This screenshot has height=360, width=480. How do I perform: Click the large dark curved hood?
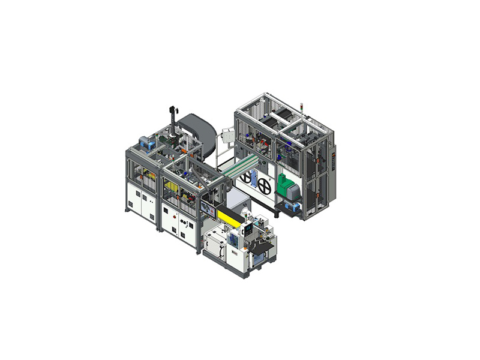197,132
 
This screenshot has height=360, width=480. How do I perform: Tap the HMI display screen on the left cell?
209,209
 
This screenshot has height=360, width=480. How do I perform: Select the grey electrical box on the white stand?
229,135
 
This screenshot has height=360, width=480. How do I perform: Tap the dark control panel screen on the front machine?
248,229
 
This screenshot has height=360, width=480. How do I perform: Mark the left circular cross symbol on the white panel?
246,178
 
